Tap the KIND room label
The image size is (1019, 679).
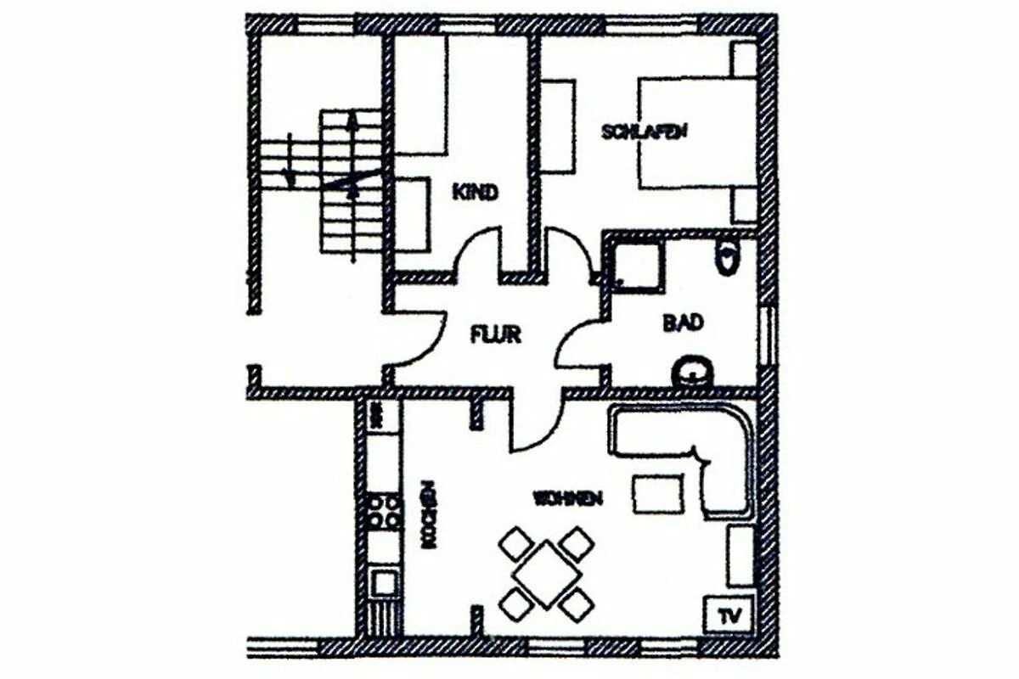pos(475,192)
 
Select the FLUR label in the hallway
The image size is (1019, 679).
pos(495,334)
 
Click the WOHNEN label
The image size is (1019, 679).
pos(568,498)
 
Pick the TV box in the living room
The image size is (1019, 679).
pos(727,613)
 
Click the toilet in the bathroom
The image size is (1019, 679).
pos(729,257)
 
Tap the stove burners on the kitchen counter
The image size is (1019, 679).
pos(385,512)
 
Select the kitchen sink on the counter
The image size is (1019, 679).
pos(385,581)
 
